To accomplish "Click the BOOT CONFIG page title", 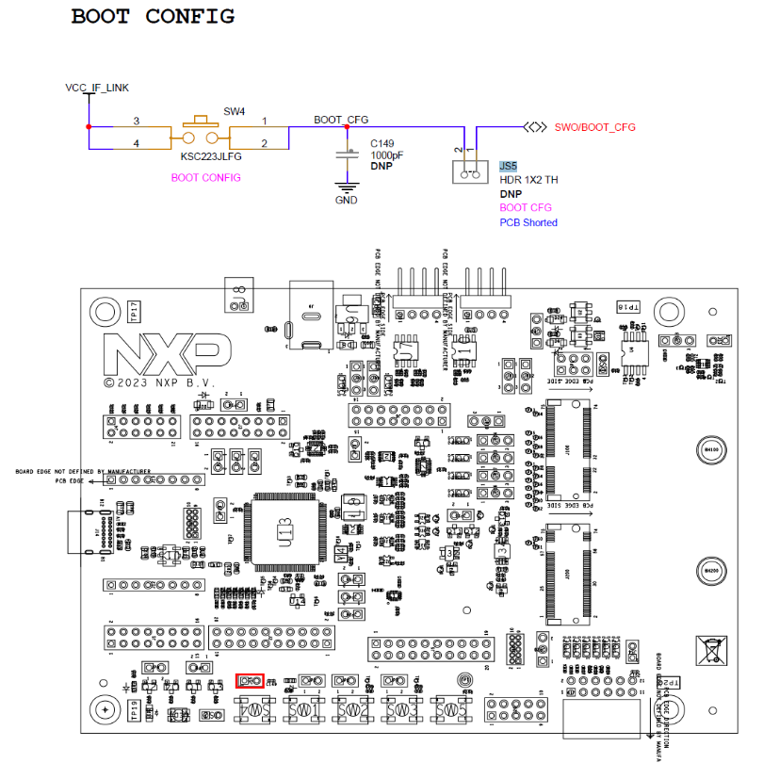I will click(153, 17).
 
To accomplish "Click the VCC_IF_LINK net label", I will click(97, 88).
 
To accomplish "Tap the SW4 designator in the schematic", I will click(234, 111).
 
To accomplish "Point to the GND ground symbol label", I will click(348, 200).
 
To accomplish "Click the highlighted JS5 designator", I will click(509, 165).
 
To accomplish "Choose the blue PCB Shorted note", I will click(528, 222).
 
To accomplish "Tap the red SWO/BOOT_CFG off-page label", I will click(594, 127).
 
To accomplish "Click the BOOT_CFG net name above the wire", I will click(341, 120).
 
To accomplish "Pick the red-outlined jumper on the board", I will click(250, 680).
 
